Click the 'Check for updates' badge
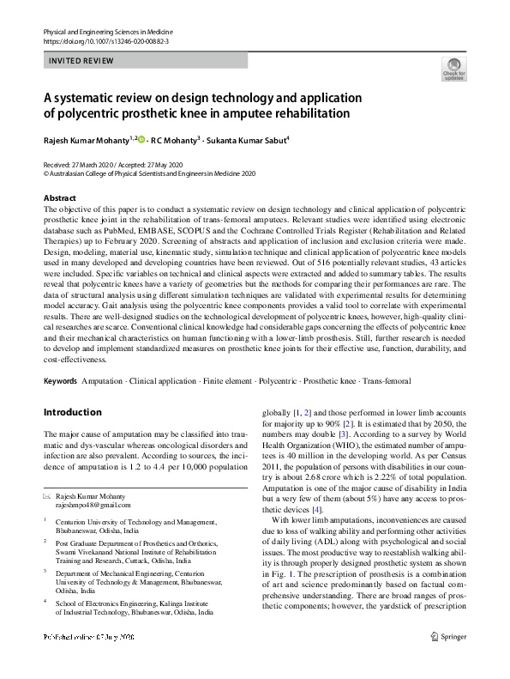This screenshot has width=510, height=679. pos(453,70)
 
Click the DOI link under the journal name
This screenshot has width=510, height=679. pos(99,40)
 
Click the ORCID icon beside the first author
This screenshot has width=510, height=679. pos(142,138)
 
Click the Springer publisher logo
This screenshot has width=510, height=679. pos(449,660)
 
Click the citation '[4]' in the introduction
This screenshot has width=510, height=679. pos(317,510)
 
